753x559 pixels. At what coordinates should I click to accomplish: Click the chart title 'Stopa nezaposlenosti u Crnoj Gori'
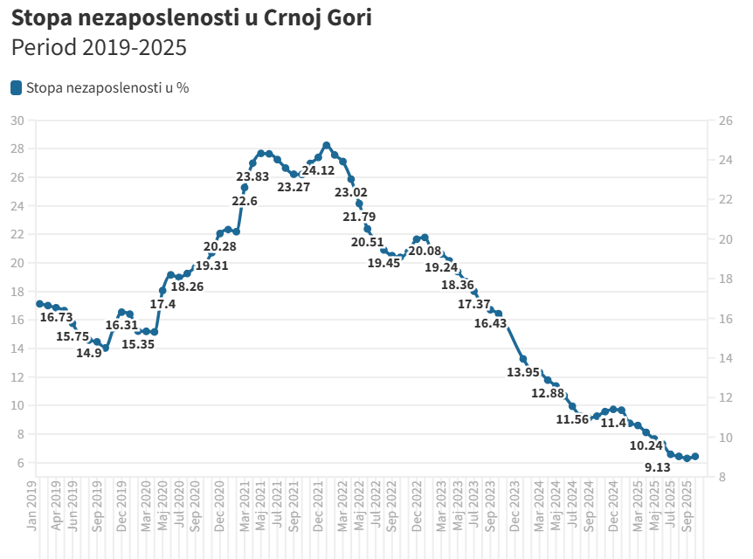click(191, 17)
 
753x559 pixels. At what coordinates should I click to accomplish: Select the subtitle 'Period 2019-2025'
click(100, 48)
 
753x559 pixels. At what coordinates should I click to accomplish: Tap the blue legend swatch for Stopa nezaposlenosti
click(17, 87)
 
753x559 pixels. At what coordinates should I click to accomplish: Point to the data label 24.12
click(318, 170)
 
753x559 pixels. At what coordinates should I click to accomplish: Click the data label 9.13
click(657, 467)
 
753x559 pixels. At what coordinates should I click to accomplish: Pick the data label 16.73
click(56, 318)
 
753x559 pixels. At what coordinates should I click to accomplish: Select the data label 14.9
click(89, 354)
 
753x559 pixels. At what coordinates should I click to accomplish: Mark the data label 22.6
click(245, 201)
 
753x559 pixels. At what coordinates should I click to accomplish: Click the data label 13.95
click(523, 372)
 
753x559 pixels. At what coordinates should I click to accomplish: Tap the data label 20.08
click(425, 252)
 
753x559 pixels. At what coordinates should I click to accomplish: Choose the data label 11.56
click(572, 419)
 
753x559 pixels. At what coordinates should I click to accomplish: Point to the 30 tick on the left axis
click(17, 121)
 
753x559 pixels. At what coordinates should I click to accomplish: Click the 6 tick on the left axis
click(20, 463)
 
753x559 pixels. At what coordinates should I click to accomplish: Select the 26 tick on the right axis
click(724, 121)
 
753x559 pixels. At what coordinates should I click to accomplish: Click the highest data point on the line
click(327, 146)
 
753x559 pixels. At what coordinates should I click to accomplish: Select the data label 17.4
click(162, 304)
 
